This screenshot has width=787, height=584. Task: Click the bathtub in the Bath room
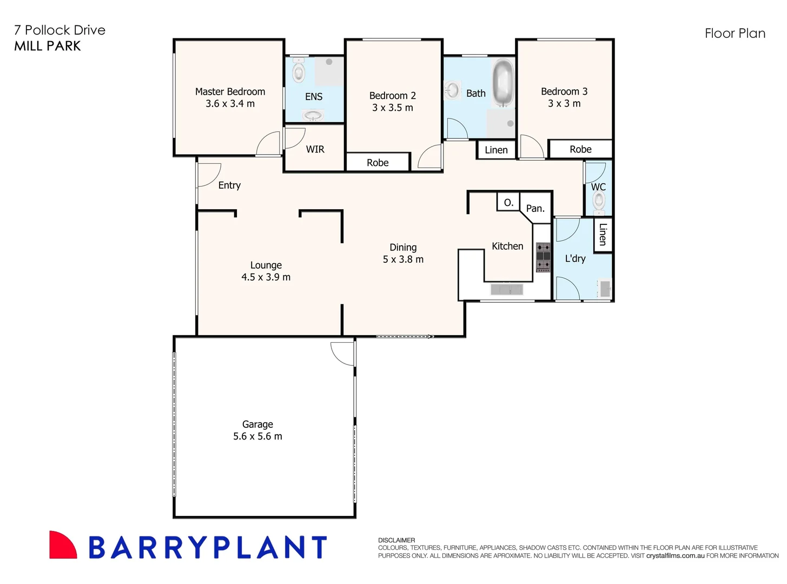(503, 84)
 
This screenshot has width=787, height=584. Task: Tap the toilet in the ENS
(299, 71)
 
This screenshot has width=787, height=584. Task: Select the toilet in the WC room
(599, 201)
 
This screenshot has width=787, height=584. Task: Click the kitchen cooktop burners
(543, 257)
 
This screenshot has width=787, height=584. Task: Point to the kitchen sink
(507, 290)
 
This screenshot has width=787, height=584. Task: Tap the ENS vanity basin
(313, 115)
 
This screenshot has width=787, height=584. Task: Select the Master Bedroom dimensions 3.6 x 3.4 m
(230, 104)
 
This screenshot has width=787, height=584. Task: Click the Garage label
(257, 424)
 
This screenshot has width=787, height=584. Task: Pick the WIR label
(315, 149)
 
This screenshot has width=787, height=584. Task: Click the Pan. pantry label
(535, 209)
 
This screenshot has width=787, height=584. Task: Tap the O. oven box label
(508, 203)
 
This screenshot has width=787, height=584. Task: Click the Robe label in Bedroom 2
(378, 163)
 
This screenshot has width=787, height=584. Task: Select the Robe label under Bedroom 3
(580, 149)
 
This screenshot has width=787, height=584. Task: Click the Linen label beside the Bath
(496, 150)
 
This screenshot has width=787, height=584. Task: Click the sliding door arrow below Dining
(405, 336)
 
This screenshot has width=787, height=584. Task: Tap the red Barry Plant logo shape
(62, 545)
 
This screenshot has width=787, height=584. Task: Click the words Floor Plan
(735, 34)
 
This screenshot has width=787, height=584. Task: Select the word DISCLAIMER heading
(396, 540)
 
